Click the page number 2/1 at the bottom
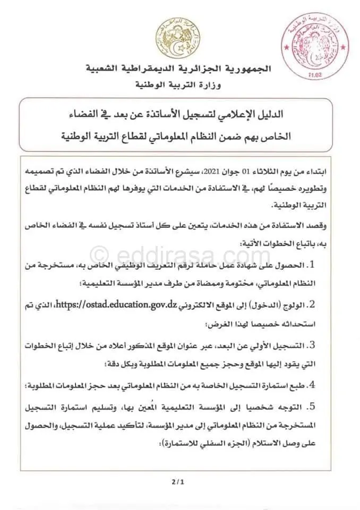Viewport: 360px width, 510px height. coord(176,483)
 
